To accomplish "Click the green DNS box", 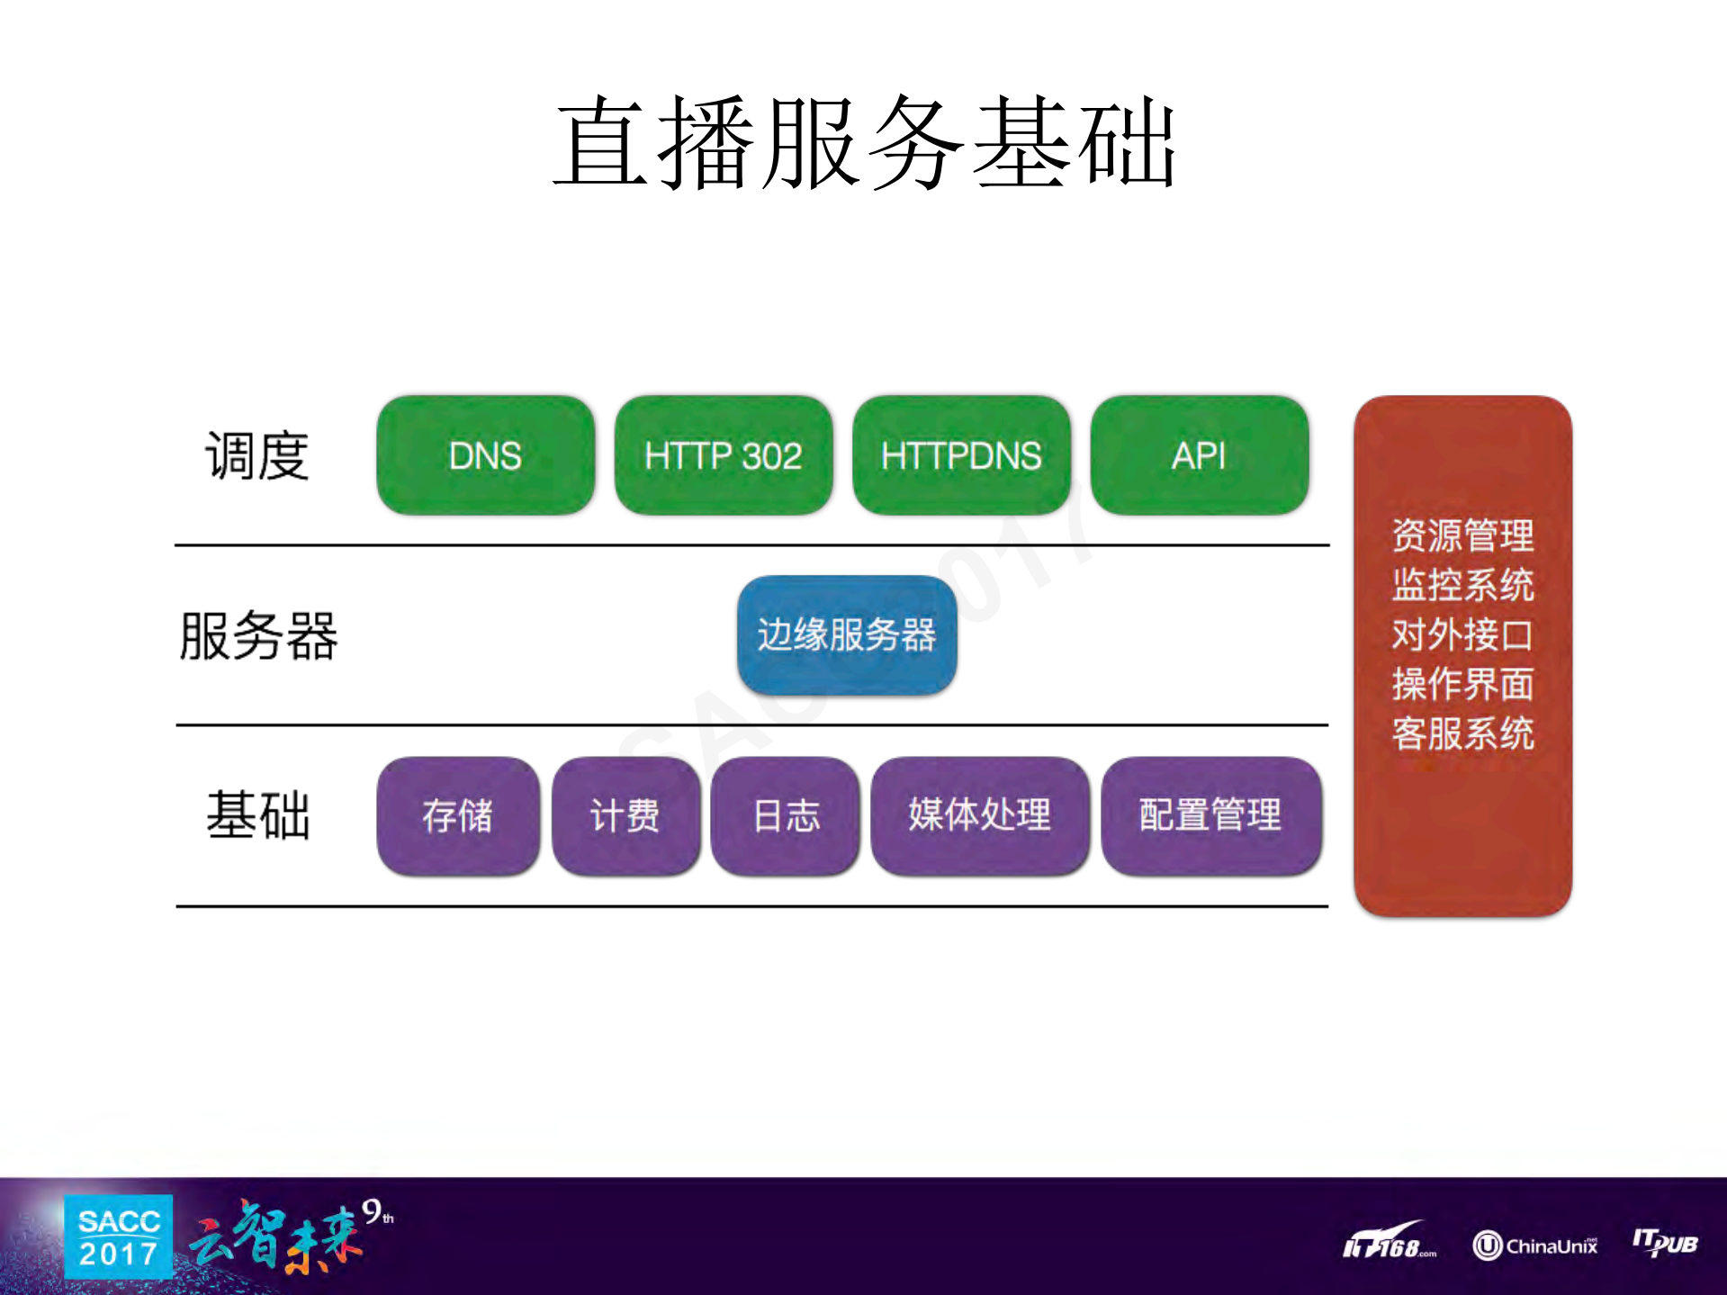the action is click(485, 455).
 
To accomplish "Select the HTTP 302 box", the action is click(723, 455).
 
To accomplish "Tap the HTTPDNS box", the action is click(961, 455).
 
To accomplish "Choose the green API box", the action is click(1199, 455).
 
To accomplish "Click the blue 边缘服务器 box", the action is click(846, 635).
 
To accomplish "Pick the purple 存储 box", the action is click(457, 815).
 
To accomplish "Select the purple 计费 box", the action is click(625, 815).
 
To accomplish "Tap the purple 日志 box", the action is click(785, 815).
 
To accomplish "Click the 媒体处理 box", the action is click(979, 815).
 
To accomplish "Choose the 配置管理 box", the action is click(1210, 815).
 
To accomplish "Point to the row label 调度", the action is click(257, 455).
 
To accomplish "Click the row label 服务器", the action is click(258, 635).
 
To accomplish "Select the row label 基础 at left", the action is click(258, 815).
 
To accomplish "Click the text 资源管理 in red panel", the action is click(1462, 535).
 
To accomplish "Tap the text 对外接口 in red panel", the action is click(1462, 634).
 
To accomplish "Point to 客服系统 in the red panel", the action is click(1462, 733).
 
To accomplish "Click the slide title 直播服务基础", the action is click(864, 144).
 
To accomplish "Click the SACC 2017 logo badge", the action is click(118, 1237).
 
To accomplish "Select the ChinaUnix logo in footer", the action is click(1535, 1246).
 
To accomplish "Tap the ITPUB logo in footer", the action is click(1665, 1244).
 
